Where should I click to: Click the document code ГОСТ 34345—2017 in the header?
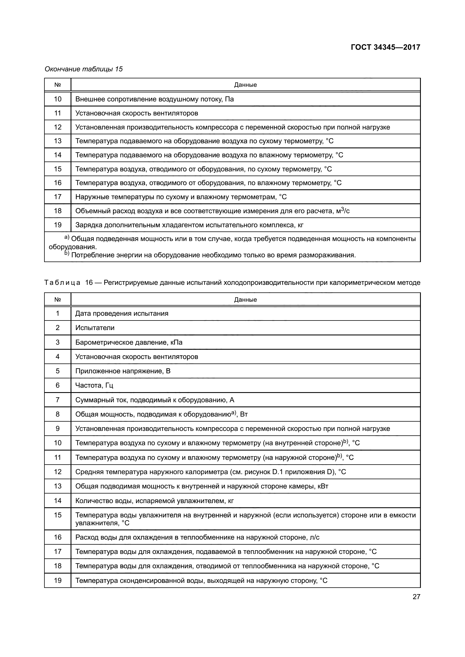[385, 47]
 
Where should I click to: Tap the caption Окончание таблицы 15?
[83, 69]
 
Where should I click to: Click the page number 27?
[416, 597]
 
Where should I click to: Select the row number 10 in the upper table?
[58, 99]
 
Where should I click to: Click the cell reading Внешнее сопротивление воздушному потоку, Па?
[155, 99]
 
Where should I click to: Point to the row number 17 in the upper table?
[58, 197]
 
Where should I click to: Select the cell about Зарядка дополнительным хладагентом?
[189, 225]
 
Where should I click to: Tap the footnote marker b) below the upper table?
[67, 254]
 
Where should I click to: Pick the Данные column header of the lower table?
[245, 300]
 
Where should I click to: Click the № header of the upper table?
[58, 85]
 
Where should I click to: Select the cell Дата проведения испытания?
[122, 314]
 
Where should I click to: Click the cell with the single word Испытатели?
[95, 328]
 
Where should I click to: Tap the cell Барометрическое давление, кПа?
[129, 342]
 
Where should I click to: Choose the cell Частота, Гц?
[94, 385]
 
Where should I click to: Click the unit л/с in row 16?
[315, 537]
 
